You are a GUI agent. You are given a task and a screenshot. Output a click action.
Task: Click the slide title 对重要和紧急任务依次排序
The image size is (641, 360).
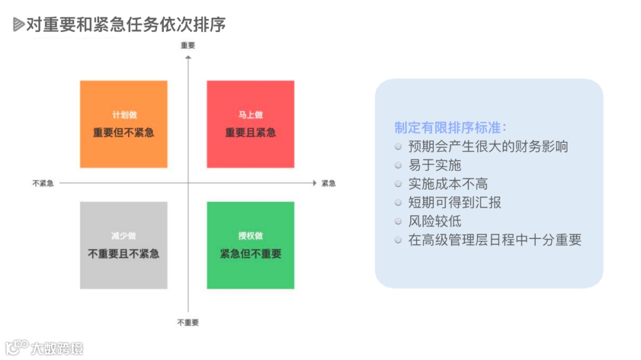tap(126, 25)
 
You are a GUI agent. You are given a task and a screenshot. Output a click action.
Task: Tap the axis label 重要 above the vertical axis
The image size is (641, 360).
tap(188, 45)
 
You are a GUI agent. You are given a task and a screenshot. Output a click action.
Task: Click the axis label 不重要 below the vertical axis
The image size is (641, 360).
tap(188, 322)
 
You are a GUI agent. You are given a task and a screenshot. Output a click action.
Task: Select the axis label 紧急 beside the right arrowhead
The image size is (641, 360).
tap(328, 183)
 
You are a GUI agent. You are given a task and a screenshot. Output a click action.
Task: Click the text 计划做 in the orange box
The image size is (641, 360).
tap(123, 115)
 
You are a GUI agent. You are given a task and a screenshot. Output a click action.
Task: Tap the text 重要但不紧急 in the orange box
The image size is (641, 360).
tap(123, 132)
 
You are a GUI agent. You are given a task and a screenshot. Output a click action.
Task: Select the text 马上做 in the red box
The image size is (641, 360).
tap(250, 115)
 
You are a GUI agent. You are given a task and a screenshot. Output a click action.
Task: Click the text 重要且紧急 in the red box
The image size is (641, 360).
tap(250, 132)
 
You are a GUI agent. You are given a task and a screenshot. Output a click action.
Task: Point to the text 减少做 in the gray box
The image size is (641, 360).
tap(123, 236)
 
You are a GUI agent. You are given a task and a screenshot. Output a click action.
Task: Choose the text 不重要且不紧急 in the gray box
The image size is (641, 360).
tap(123, 254)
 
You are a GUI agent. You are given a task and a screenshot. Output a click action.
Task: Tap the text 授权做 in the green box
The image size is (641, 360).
tap(250, 236)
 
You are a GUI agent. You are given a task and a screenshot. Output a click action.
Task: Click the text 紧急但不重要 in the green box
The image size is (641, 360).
tap(250, 254)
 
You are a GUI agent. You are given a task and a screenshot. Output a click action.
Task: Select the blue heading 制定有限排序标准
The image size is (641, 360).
tap(450, 128)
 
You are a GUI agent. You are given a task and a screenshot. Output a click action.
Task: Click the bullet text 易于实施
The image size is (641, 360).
tap(434, 165)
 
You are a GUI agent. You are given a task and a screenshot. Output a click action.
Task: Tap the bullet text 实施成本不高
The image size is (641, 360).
tap(448, 184)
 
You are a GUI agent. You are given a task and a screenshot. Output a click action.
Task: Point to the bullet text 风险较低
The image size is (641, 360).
tap(434, 221)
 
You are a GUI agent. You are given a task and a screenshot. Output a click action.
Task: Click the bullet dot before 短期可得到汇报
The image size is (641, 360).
tap(398, 203)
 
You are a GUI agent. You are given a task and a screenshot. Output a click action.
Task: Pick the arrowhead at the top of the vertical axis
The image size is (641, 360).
tap(188, 57)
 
